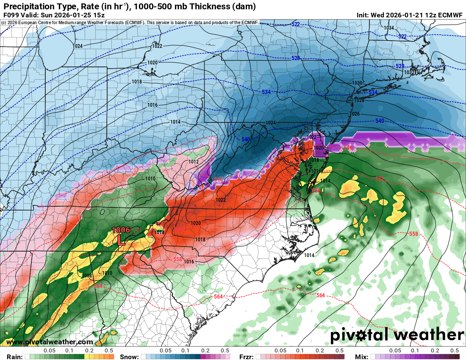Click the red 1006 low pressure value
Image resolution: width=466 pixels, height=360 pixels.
121,230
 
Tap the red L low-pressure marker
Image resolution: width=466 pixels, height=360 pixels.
121,240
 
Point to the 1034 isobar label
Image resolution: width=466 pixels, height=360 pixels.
388,28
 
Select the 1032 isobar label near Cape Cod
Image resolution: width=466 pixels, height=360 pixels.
409,72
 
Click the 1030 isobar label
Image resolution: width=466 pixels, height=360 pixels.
358,83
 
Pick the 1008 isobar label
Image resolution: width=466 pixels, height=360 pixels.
87,276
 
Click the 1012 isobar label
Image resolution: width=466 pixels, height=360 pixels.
194,162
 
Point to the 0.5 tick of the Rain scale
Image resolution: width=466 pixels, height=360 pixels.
109,351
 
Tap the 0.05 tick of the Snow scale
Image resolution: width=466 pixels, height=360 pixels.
166,351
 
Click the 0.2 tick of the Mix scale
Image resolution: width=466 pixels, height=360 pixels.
435,351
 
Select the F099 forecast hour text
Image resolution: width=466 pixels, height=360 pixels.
11,15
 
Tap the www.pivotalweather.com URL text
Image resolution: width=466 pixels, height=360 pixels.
50,342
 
